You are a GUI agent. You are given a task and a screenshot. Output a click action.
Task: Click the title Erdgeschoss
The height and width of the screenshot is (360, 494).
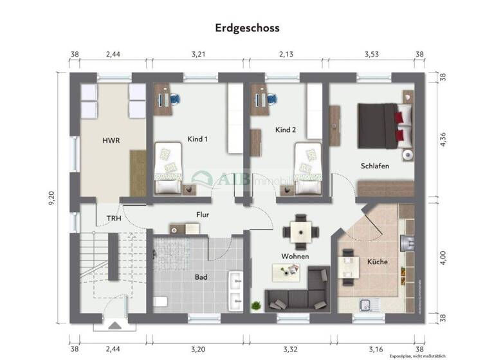coord(247,28)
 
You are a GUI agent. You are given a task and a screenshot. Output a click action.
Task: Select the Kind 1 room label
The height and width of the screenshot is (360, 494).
coord(197,139)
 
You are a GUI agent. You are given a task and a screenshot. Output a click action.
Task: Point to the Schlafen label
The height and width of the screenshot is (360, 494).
coord(375,166)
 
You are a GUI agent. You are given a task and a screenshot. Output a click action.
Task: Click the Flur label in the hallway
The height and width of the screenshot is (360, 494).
coord(203,215)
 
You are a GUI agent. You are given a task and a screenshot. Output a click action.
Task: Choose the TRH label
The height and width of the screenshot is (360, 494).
coord(113,219)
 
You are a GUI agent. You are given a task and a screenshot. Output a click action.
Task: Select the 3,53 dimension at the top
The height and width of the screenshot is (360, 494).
coord(371,55)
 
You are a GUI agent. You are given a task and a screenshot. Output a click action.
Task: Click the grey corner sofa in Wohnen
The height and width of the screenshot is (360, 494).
coord(302,293)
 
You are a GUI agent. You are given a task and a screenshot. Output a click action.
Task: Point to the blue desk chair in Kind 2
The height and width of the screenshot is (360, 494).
coord(273,100)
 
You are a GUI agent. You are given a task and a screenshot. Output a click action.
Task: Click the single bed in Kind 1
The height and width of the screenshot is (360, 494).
coord(167,169)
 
